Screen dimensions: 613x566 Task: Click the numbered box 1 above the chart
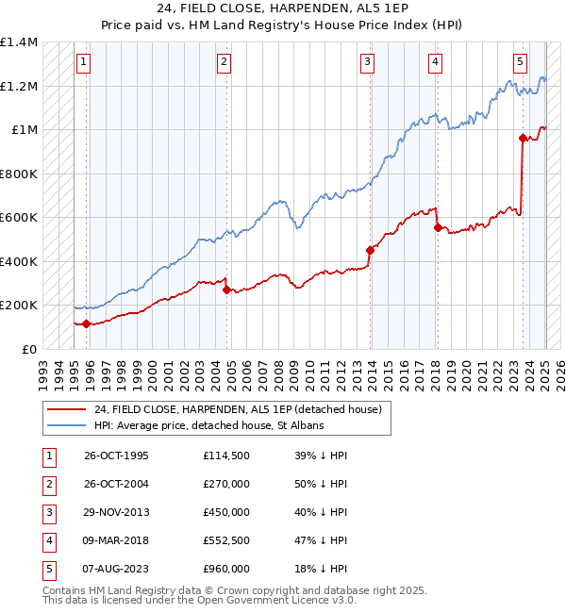(84, 62)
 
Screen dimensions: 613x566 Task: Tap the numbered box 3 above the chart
(367, 62)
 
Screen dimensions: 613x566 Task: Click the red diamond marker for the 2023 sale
(523, 138)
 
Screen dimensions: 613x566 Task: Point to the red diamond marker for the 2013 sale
(371, 250)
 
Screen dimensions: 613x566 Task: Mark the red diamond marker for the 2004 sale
(227, 290)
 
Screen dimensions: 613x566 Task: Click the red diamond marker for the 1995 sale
(87, 323)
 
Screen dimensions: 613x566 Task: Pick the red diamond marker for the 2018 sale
(437, 227)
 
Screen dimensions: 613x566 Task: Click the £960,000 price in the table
(226, 569)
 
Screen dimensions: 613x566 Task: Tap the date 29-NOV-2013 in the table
(117, 512)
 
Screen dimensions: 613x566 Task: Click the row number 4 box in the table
(47, 540)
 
